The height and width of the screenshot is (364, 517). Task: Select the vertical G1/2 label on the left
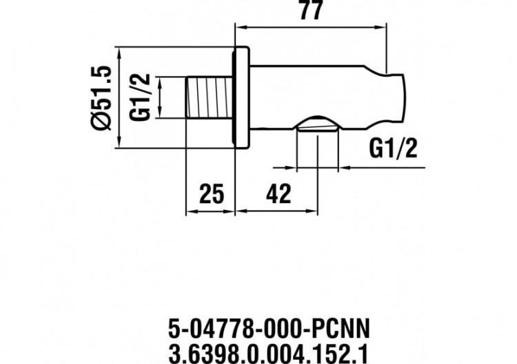141,97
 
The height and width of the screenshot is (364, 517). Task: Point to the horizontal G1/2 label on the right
394,148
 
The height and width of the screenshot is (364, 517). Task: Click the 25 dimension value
212,194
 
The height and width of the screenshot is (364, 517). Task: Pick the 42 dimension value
277,194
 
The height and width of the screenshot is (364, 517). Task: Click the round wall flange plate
242,97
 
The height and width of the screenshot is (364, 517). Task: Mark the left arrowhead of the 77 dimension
241,28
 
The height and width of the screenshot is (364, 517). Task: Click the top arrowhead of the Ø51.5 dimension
119,52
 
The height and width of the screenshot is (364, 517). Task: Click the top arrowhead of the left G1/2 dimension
159,80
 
